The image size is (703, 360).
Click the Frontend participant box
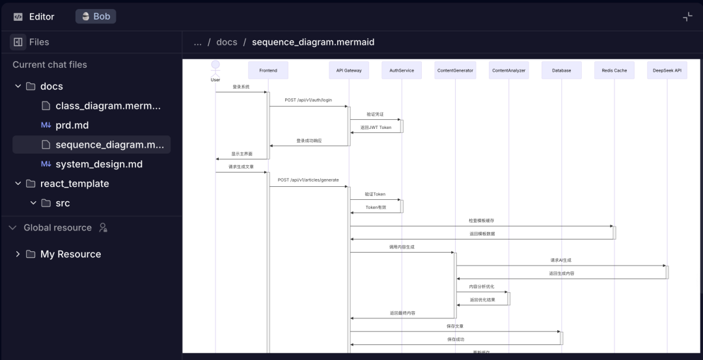[268, 70]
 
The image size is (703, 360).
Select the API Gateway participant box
[349, 70]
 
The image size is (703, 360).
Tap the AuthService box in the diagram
[402, 70]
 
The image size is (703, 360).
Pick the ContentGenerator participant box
[456, 70]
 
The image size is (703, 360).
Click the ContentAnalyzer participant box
[509, 70]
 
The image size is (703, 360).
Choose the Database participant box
[561, 70]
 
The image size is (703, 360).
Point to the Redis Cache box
[614, 70]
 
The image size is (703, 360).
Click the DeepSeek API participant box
[667, 70]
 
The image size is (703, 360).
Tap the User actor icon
[215, 66]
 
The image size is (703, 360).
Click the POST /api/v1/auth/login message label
[309, 100]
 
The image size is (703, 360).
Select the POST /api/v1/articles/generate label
[308, 180]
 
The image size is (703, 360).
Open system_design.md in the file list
[99, 164]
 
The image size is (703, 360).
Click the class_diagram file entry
[107, 105]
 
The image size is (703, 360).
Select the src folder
[62, 203]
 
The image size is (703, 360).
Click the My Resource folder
[70, 254]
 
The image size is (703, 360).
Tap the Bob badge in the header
[96, 16]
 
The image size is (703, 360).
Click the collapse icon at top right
[687, 16]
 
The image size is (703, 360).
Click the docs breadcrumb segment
[227, 42]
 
